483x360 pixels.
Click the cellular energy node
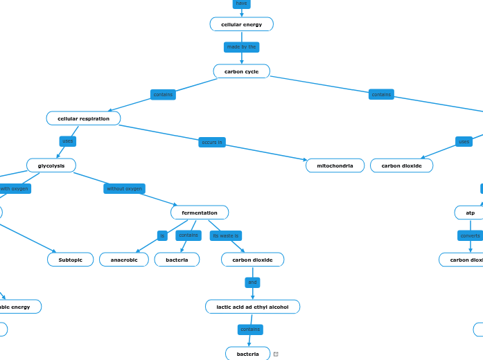[241, 24]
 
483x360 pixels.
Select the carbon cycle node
[241, 71]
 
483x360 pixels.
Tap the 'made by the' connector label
[241, 47]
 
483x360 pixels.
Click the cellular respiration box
[83, 118]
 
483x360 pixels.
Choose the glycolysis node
[51, 165]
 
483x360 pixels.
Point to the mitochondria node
[335, 165]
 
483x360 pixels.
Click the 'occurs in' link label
[212, 142]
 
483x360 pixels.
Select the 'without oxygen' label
[124, 188]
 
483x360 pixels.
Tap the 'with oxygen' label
[15, 188]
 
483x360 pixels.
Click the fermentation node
[200, 213]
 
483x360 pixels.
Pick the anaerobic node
[124, 260]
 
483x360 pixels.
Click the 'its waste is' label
[225, 235]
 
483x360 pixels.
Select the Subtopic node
[70, 260]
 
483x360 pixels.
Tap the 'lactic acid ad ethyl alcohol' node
[252, 307]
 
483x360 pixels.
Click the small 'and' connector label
[252, 282]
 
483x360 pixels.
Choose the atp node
[470, 213]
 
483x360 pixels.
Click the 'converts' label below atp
[470, 235]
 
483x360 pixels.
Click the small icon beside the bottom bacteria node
[276, 354]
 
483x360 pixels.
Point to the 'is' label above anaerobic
[162, 235]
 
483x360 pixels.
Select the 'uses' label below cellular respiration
[67, 141]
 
